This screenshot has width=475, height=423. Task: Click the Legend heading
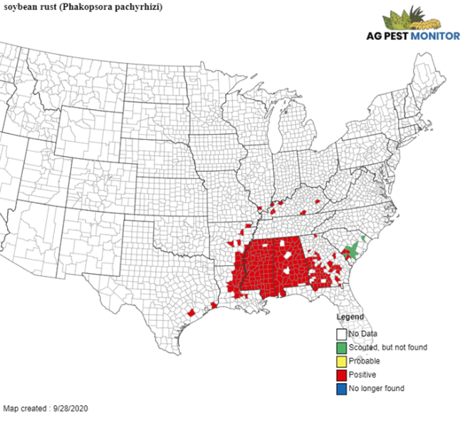[350, 317]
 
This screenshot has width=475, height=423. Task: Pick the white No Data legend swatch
[342, 334]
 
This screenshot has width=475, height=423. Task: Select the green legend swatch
[342, 347]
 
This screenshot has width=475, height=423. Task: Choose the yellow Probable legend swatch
[342, 361]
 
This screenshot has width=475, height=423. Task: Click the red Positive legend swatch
[342, 374]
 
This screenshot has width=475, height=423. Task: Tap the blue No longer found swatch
[342, 388]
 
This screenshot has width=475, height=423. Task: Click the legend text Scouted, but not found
[378, 347]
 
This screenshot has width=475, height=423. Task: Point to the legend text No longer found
[376, 388]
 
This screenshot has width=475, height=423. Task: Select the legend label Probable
[364, 361]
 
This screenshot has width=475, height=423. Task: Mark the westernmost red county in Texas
[191, 313]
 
